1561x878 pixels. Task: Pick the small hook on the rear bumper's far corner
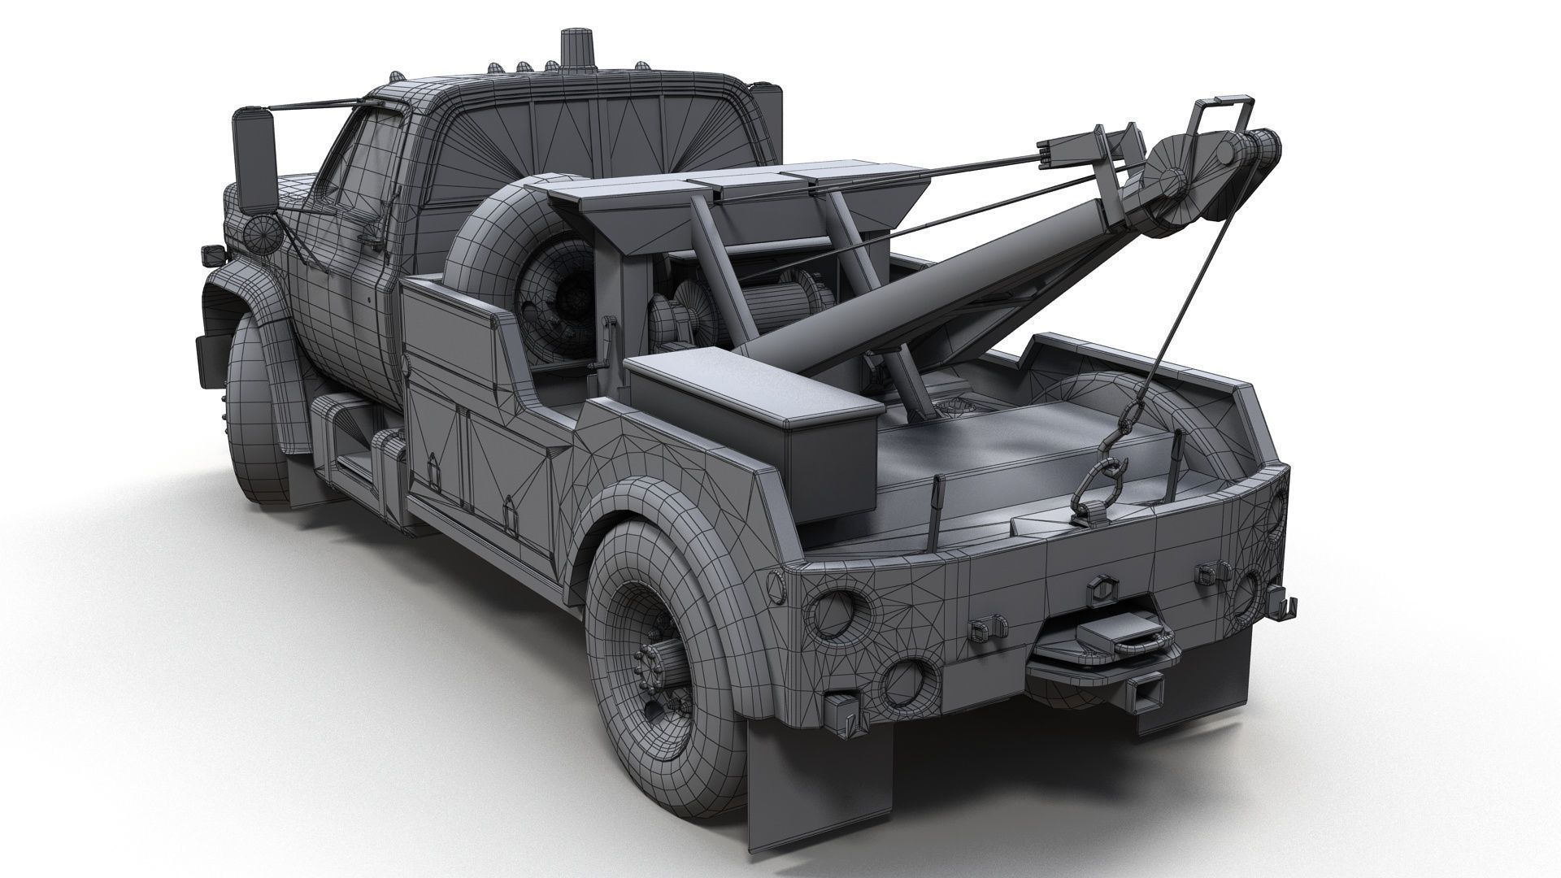point(1289,605)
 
